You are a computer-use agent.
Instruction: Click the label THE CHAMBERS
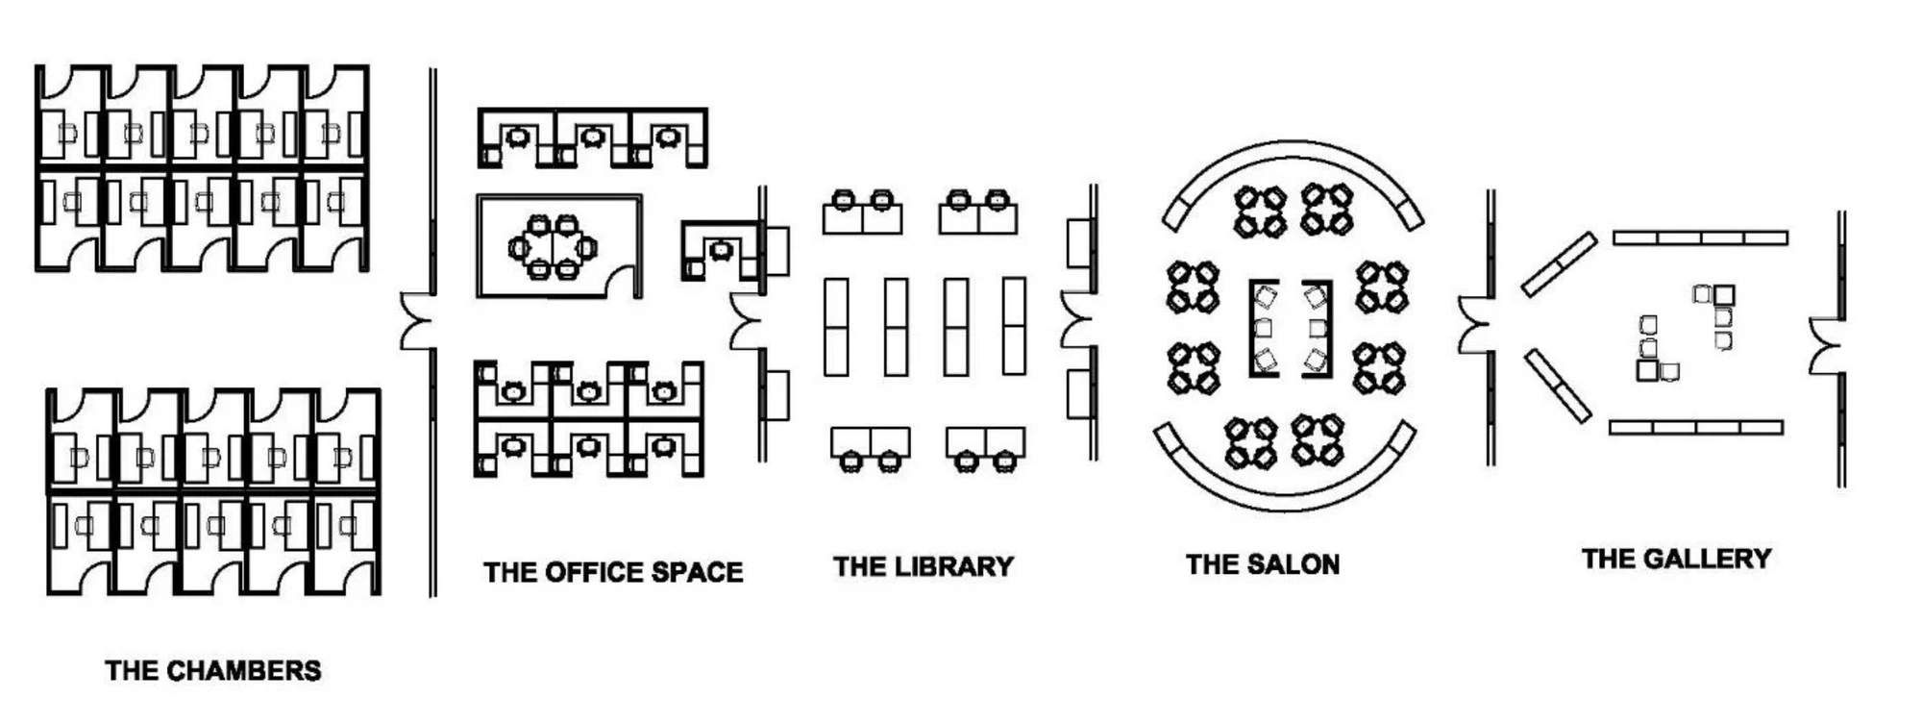pos(213,670)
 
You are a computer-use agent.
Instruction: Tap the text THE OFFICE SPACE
pos(613,572)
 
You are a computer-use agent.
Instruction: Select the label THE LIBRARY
pos(924,566)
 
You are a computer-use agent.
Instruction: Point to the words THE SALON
pos(1263,564)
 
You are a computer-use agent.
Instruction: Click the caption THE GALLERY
pos(1676,559)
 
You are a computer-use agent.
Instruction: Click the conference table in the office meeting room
pos(553,246)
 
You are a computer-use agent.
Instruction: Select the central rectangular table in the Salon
pos(1291,328)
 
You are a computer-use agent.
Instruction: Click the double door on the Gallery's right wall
pos(1826,345)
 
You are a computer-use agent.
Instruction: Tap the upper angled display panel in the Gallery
pos(1559,263)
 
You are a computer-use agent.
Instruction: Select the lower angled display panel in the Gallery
pos(1557,386)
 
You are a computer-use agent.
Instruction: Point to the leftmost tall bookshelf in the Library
pos(836,327)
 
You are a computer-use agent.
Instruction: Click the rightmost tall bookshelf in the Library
pos(1014,326)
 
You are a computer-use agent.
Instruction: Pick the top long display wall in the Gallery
pos(1700,237)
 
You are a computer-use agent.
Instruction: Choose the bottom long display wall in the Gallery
pos(1696,427)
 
